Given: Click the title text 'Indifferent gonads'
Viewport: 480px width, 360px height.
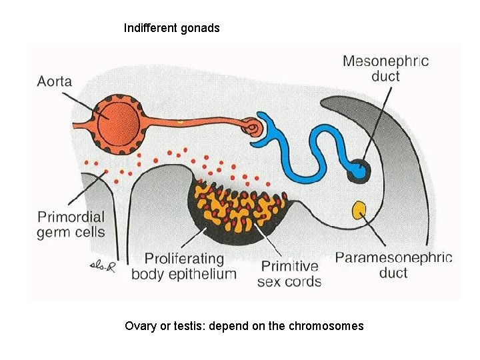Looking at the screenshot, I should [171, 28].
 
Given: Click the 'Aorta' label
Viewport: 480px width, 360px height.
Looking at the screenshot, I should [55, 82].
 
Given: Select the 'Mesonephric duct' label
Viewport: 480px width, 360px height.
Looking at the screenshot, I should [385, 68].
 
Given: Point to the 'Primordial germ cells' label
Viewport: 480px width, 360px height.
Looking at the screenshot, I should [71, 224].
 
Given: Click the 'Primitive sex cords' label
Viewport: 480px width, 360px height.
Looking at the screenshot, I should [289, 273].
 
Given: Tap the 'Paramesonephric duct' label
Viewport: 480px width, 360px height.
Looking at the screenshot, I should [393, 265].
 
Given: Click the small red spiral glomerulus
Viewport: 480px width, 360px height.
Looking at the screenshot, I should [251, 126].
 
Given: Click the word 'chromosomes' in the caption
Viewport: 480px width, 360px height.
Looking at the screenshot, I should [327, 326].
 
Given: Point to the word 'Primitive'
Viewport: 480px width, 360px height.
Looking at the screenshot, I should [289, 265].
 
